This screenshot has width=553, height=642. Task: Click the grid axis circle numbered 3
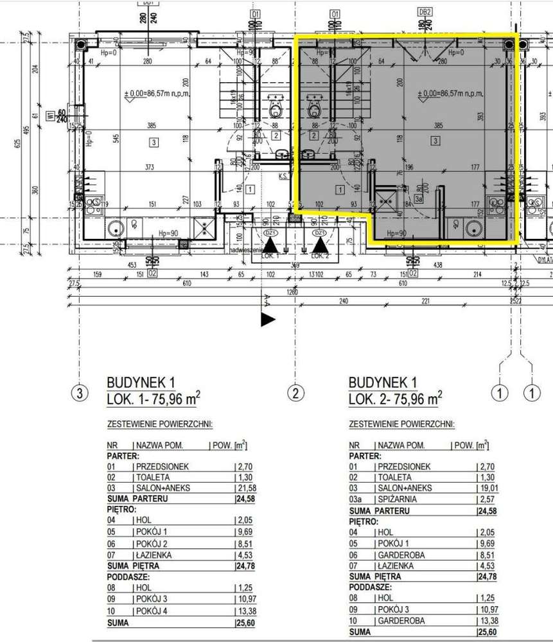click(79, 392)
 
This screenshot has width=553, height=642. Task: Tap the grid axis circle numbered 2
click(295, 392)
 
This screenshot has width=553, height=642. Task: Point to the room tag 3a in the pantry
click(418, 200)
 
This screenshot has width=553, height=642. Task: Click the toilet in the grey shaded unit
click(315, 108)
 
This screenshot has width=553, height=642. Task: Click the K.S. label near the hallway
click(283, 175)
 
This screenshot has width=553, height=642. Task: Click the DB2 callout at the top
click(425, 12)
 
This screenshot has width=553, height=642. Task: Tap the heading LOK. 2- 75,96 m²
click(395, 399)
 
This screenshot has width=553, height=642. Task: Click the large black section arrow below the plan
click(267, 320)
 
